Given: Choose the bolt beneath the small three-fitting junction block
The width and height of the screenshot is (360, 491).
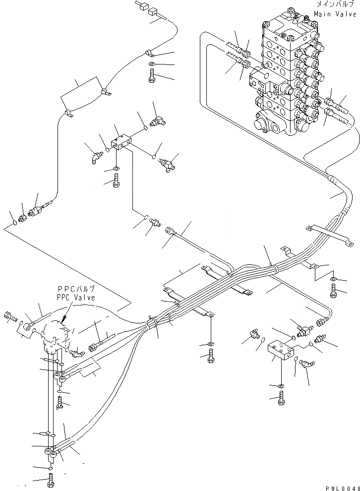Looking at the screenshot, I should coord(116,183).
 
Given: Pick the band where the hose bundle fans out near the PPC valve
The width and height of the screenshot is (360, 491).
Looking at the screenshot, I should coord(152,324).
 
